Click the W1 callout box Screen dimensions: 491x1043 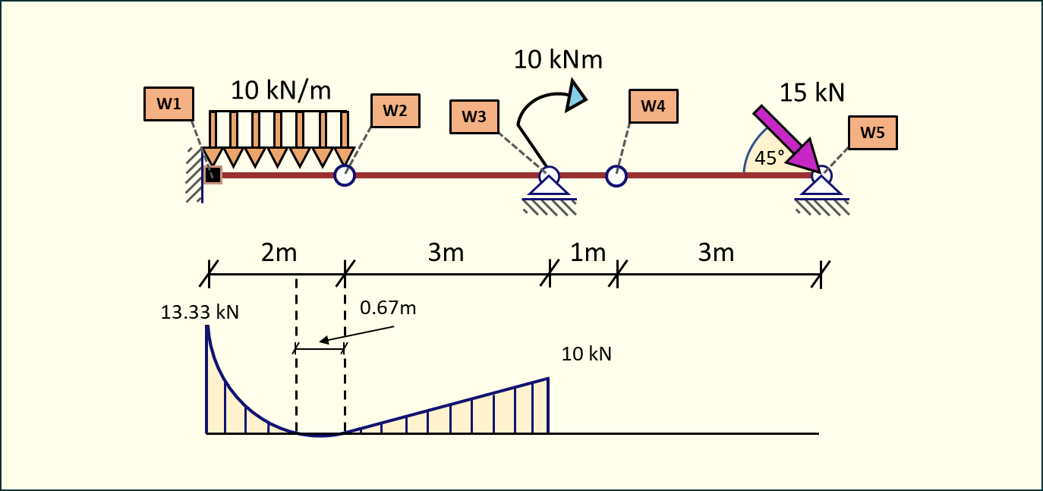tap(169, 104)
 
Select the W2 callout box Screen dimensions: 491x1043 tap(395, 110)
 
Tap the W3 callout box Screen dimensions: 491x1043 tap(474, 116)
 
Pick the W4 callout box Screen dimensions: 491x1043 tap(653, 106)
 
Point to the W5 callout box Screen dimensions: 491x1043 tap(872, 133)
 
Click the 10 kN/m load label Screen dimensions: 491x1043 tap(281, 91)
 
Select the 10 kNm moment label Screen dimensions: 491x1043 tap(558, 59)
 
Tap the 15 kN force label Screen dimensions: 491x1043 tap(811, 93)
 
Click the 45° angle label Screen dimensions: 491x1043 tap(770, 159)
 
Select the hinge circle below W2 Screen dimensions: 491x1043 tap(345, 175)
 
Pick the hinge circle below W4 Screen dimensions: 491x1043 tap(616, 176)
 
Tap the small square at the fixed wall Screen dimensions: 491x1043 tap(213, 175)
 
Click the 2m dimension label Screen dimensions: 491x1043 tap(279, 253)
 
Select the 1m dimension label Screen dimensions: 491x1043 tap(588, 253)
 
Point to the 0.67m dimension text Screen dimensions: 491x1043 tap(388, 308)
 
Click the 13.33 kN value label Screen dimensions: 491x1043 tap(200, 312)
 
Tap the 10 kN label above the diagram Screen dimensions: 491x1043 tap(586, 354)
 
